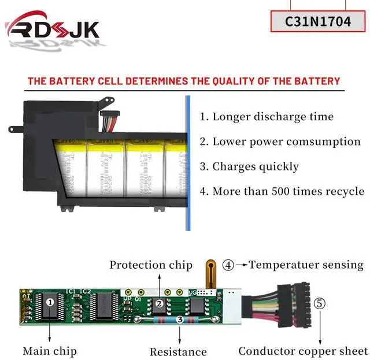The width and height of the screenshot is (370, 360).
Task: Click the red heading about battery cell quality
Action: point(184,81)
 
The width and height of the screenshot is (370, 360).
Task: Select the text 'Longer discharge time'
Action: point(273,117)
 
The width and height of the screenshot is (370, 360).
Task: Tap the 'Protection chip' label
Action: point(151,265)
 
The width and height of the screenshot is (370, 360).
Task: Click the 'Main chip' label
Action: point(50,351)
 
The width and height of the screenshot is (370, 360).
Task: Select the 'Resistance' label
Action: point(178,351)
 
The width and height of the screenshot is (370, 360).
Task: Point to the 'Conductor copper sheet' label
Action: point(303,351)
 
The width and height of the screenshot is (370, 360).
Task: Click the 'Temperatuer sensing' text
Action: point(306,265)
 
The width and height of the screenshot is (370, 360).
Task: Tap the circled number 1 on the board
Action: point(50,301)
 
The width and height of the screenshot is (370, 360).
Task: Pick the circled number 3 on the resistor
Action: point(180,319)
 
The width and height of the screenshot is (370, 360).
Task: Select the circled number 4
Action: point(228,265)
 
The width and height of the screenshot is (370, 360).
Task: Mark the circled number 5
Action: point(320,303)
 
